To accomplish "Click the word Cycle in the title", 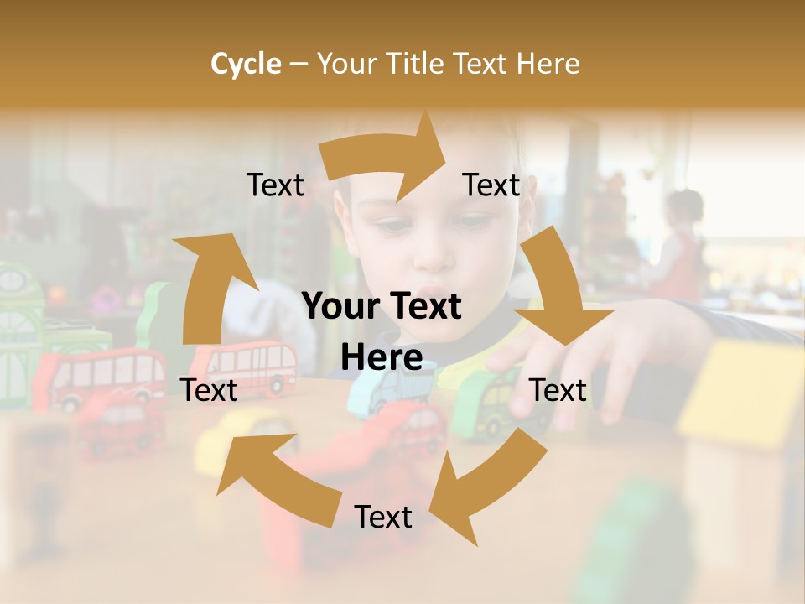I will (246, 64).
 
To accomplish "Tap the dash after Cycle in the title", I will (299, 65).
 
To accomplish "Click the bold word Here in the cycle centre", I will (382, 358).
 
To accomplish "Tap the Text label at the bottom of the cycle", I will (383, 517).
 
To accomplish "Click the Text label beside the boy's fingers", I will (558, 390).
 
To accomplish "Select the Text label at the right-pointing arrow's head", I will (491, 185).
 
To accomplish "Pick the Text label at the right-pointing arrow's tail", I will (275, 185).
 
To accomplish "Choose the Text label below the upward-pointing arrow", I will (210, 389).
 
